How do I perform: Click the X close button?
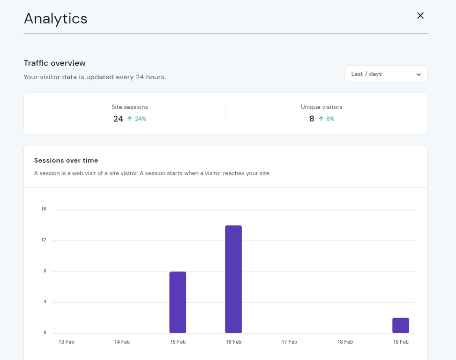pyautogui.click(x=420, y=15)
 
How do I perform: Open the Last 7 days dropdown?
pyautogui.click(x=385, y=74)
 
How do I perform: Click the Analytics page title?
pyautogui.click(x=55, y=18)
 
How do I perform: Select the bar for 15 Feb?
pyautogui.click(x=178, y=302)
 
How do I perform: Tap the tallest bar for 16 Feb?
pyautogui.click(x=233, y=279)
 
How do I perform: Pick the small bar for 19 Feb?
pyautogui.click(x=401, y=325)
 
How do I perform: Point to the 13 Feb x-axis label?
pyautogui.click(x=66, y=342)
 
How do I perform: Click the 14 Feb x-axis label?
pyautogui.click(x=122, y=342)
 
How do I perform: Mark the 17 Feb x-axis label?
pyautogui.click(x=289, y=342)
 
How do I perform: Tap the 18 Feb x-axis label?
pyautogui.click(x=345, y=342)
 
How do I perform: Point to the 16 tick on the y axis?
pyautogui.click(x=44, y=209)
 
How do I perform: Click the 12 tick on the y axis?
pyautogui.click(x=44, y=240)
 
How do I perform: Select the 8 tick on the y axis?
pyautogui.click(x=45, y=271)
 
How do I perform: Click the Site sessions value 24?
pyautogui.click(x=118, y=119)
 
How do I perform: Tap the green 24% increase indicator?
pyautogui.click(x=137, y=119)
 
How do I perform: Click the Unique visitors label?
pyautogui.click(x=321, y=107)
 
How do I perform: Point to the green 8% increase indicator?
pyautogui.click(x=327, y=119)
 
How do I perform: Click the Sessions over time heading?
pyautogui.click(x=66, y=160)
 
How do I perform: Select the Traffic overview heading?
pyautogui.click(x=54, y=63)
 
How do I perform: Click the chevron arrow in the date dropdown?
pyautogui.click(x=419, y=75)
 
